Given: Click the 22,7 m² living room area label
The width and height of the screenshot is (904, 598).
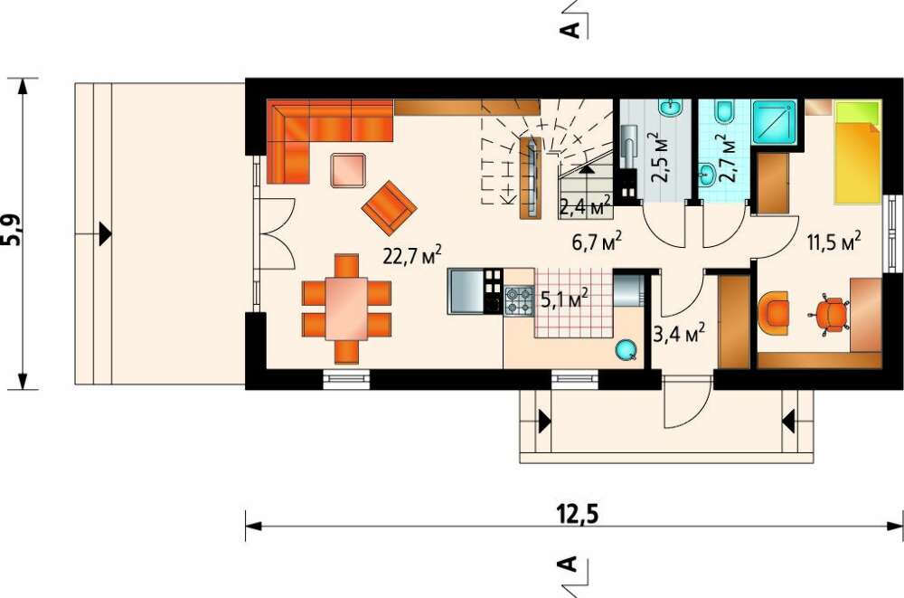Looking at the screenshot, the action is click(413, 254).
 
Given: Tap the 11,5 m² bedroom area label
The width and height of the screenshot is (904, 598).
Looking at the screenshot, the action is click(834, 242).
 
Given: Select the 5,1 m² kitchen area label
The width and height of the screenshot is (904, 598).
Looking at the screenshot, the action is click(564, 299).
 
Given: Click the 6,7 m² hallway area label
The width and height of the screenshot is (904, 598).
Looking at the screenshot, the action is click(597, 242).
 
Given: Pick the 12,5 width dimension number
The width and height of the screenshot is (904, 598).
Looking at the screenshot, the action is click(578, 514).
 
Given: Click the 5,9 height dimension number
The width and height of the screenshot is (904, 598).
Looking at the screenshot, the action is click(13, 231).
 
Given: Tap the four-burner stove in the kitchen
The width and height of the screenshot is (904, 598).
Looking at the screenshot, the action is click(520, 300).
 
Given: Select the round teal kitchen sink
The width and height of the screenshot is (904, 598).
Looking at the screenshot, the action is click(626, 349).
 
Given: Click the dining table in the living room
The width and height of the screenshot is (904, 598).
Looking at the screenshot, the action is click(346, 308).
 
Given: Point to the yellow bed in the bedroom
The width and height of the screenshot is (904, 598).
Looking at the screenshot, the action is click(857, 152).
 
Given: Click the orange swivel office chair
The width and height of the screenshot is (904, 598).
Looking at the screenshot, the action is click(830, 315).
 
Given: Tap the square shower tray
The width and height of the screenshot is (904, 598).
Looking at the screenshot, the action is click(776, 123).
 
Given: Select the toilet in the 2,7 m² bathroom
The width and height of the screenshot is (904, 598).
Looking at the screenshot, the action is click(723, 111).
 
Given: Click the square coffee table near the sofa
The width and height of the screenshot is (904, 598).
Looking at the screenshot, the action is click(348, 170).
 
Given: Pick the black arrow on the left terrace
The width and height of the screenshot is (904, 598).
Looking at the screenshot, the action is click(105, 233).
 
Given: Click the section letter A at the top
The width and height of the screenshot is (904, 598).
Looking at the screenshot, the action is click(569, 29).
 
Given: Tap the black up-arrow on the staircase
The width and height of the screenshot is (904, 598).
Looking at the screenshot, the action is click(587, 169).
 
